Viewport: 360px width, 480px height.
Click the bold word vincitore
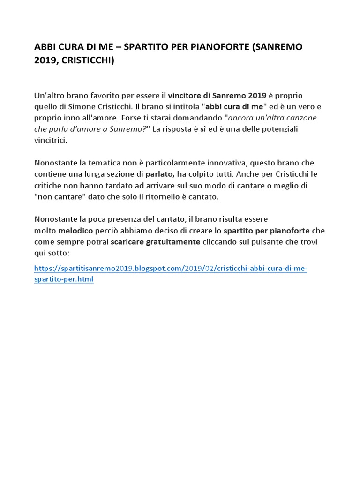tap(186, 96)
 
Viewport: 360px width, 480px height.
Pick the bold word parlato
tap(160, 174)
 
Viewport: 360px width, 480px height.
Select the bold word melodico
tap(76, 231)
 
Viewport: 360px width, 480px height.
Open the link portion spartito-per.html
tap(64, 279)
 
